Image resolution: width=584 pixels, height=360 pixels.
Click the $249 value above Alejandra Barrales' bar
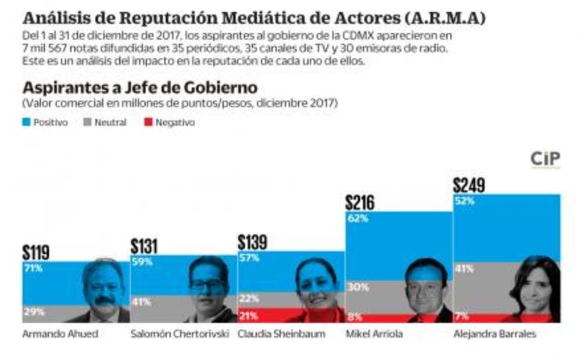click(x=469, y=185)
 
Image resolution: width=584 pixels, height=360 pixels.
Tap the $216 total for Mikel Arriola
click(x=360, y=202)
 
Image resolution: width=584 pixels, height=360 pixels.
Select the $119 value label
click(x=36, y=252)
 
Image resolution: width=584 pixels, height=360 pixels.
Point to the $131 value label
click(x=144, y=246)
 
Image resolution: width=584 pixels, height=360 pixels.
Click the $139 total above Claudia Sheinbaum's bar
click(x=253, y=242)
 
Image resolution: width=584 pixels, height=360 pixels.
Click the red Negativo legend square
click(x=148, y=123)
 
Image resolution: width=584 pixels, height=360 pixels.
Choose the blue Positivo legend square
click(x=26, y=123)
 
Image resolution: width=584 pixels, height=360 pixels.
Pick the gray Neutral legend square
click(x=87, y=123)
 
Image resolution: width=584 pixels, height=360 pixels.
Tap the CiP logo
click(x=545, y=159)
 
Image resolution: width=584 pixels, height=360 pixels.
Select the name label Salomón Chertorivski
click(x=180, y=334)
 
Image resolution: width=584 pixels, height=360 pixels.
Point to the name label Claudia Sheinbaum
click(x=281, y=334)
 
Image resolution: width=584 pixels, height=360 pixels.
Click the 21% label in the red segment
click(x=248, y=315)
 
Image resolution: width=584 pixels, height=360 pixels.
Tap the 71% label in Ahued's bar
click(x=33, y=268)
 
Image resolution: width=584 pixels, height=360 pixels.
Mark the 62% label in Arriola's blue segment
click(x=356, y=219)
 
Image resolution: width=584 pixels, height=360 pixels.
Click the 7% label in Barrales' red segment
click(x=462, y=316)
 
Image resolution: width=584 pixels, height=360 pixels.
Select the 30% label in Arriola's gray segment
click(x=356, y=286)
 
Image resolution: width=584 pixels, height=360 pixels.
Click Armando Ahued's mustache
click(x=104, y=300)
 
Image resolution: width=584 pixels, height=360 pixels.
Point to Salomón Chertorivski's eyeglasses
click(x=207, y=285)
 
